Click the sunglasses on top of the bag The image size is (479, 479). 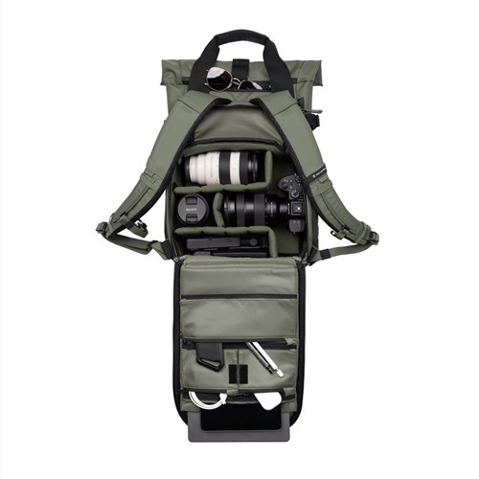pyautogui.click(x=230, y=80)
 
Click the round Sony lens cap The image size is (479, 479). pyautogui.click(x=191, y=208)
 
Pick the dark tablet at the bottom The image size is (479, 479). pyautogui.click(x=239, y=422)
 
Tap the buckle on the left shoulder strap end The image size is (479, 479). pyautogui.click(x=104, y=230)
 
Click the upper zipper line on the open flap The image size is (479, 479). pyautogui.click(x=239, y=296)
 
